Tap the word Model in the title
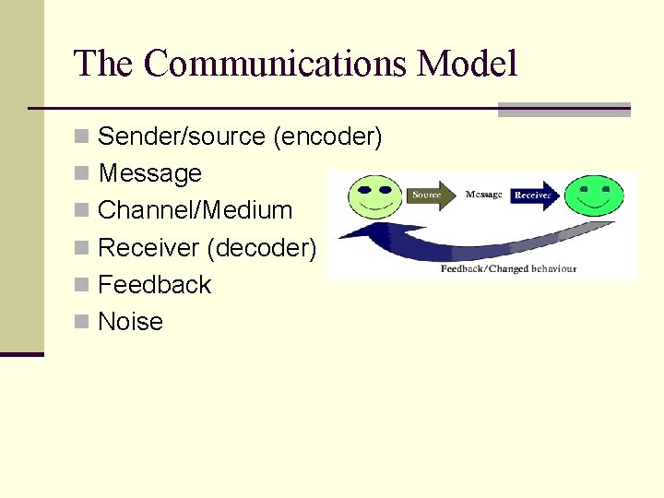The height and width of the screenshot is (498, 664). click(x=467, y=64)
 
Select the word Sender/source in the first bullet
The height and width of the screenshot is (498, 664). click(x=182, y=136)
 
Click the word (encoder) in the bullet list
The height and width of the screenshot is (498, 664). click(x=327, y=136)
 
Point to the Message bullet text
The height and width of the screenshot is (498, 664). click(x=149, y=173)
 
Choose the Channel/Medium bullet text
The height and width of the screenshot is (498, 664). click(x=195, y=210)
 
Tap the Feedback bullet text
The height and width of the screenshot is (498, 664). click(x=154, y=284)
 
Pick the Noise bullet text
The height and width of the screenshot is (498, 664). click(x=130, y=321)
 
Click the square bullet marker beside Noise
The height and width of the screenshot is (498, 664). click(x=82, y=322)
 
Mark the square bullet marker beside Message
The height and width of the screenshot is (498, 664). click(x=82, y=174)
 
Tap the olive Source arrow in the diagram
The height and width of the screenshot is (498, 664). click(x=430, y=195)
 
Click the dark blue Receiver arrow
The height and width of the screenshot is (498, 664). click(x=536, y=196)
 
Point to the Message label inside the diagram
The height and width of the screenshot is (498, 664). click(x=483, y=195)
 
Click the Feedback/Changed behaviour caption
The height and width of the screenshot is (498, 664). click(x=508, y=268)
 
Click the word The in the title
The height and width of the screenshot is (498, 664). click(x=104, y=64)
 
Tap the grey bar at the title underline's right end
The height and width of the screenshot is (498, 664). click(x=563, y=109)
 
